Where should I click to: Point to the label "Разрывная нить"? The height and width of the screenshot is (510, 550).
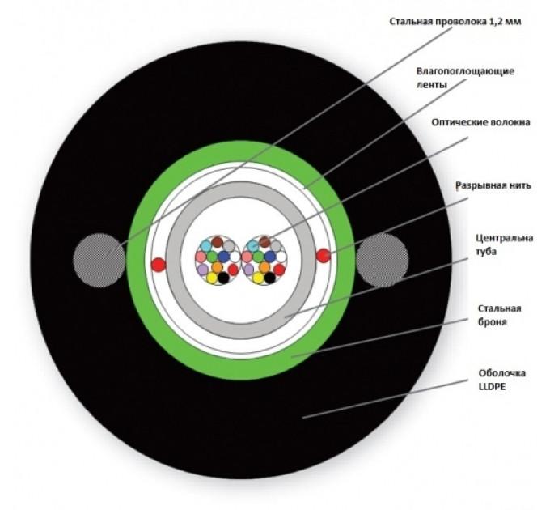coord(494,185)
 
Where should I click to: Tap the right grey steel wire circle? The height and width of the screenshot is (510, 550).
coord(383,260)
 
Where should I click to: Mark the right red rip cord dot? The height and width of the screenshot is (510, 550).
coord(323,257)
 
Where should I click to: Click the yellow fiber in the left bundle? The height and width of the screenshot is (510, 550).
coord(211,278)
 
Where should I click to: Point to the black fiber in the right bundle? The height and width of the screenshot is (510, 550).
coord(269,278)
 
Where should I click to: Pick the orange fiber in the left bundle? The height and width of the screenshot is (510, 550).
coord(217,267)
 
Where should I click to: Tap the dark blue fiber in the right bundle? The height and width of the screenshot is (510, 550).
coord(269,257)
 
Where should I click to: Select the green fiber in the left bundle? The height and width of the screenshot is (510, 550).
coord(211,257)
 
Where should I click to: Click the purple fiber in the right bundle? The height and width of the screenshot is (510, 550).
coord(247,268)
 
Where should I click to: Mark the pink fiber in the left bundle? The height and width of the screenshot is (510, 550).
coord(201,257)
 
